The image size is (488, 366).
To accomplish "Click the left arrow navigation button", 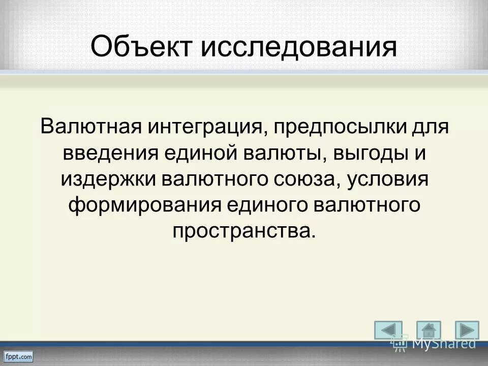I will pos(388,330).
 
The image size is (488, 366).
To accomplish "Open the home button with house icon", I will pos(428,330).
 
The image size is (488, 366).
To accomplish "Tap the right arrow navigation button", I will pos(467,330).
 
